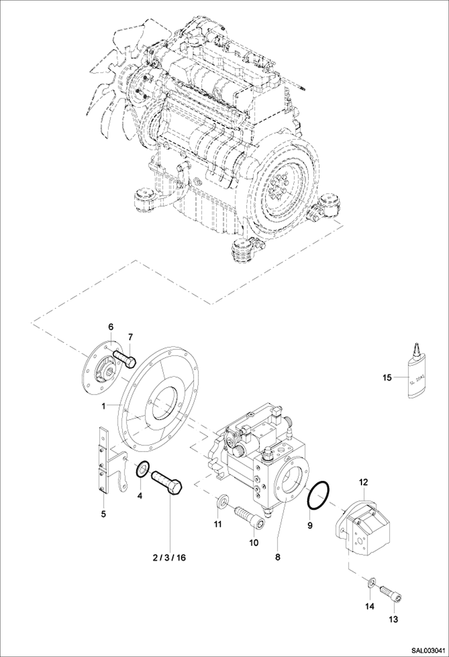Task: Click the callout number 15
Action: click(387, 378)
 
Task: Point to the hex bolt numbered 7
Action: click(125, 359)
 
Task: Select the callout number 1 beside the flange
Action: click(103, 406)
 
